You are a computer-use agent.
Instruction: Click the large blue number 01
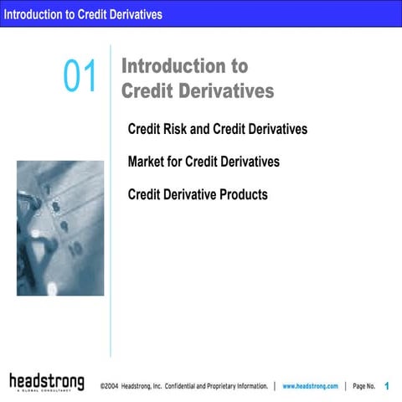tap(80, 77)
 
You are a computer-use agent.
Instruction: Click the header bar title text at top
tap(82, 14)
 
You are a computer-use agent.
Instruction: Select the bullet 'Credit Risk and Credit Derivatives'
tap(217, 130)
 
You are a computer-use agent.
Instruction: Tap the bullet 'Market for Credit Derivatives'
tap(204, 162)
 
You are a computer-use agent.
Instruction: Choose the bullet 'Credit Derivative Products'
tap(198, 195)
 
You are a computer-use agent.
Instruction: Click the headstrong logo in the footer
tap(47, 383)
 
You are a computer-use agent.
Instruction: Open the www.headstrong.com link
tap(310, 386)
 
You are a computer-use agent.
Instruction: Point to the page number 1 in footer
tap(387, 386)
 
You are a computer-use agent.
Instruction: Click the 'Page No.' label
tap(364, 386)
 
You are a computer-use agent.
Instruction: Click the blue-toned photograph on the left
tap(60, 228)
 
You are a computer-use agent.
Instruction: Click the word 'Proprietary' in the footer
tap(239, 386)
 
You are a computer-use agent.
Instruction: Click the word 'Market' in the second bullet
tap(147, 162)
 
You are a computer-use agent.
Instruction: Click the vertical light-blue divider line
tap(111, 251)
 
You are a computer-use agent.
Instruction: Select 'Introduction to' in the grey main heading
tap(184, 66)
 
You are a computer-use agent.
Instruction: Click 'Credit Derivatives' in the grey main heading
tap(198, 90)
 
